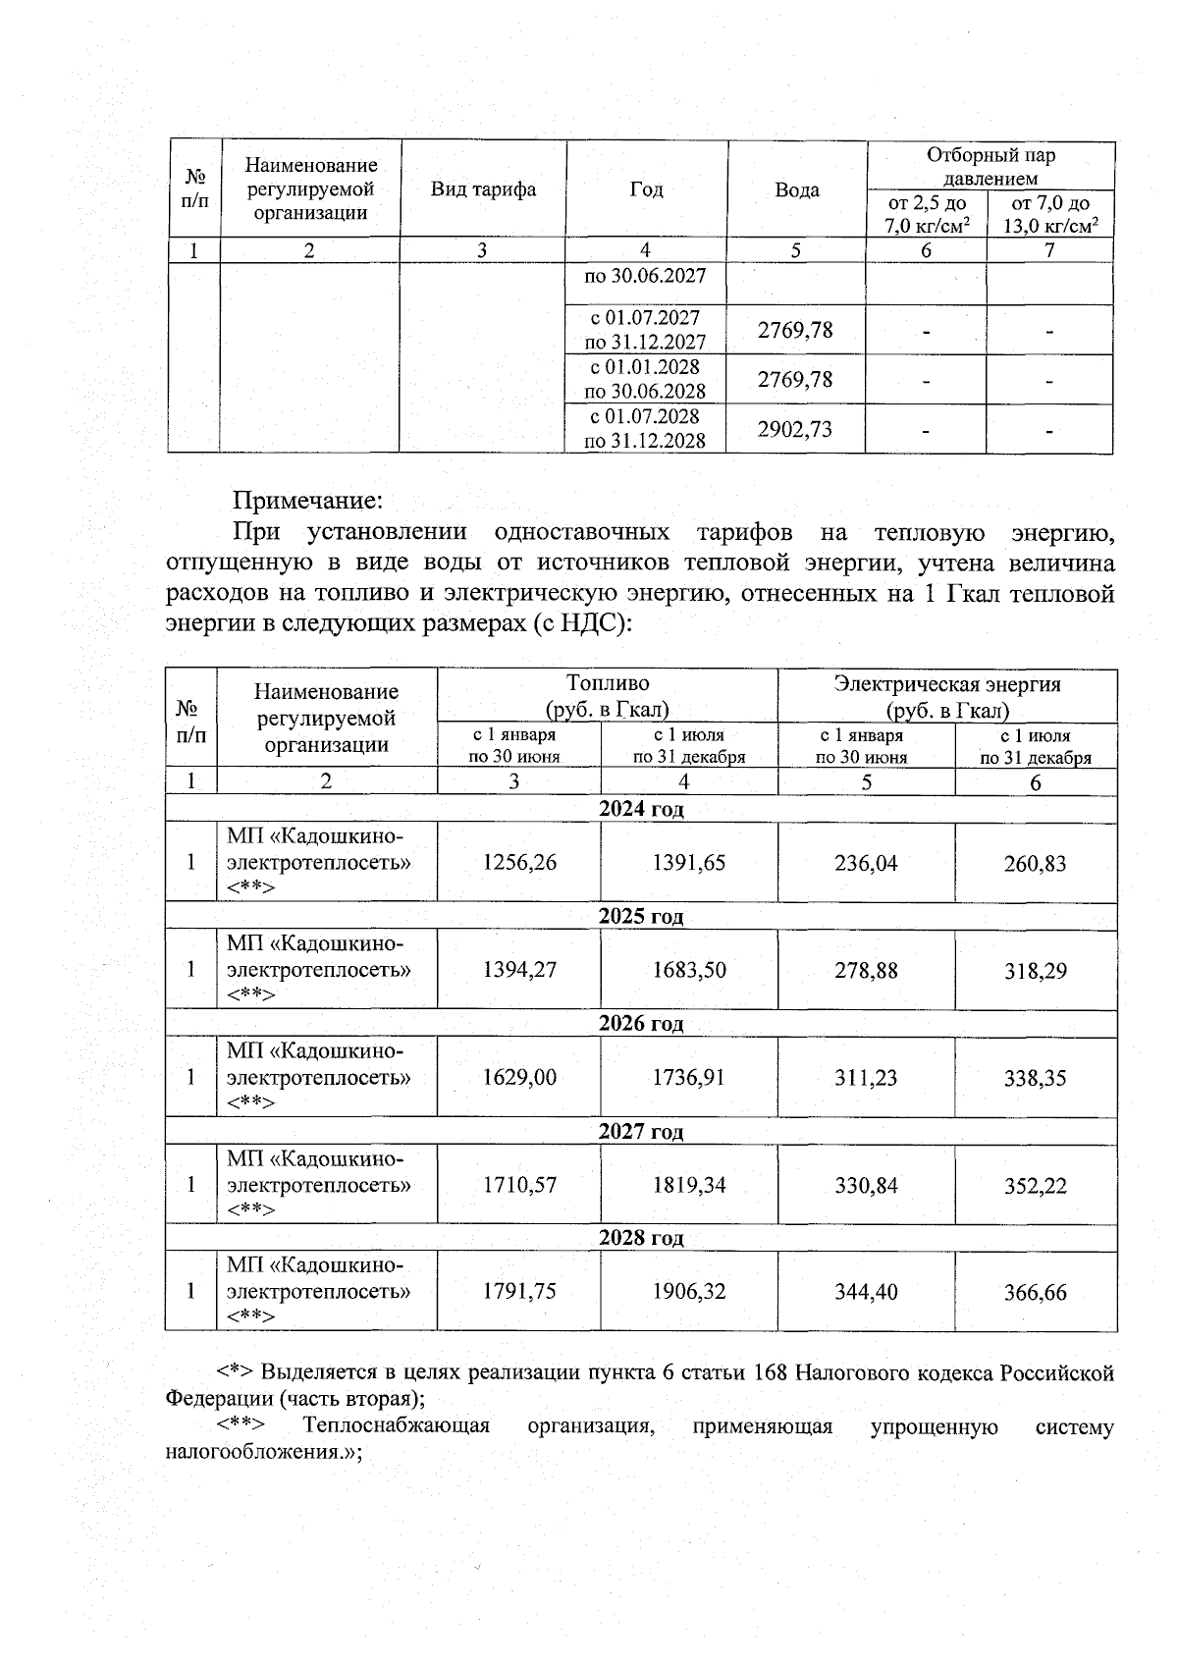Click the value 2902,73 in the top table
pos(795,429)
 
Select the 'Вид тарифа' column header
pos(483,189)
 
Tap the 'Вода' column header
pos(796,190)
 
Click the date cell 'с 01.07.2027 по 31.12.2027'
pos(645,330)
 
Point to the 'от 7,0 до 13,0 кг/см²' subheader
pos(1049,214)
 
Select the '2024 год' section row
pos(641,809)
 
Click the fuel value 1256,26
pos(519,862)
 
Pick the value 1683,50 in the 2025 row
pos(689,970)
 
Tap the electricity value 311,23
pos(866,1077)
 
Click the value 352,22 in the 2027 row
pos(1035,1185)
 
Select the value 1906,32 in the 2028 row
pos(689,1292)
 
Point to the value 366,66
pos(1035,1293)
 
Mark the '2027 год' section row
pos(641,1131)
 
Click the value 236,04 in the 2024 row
pos(866,863)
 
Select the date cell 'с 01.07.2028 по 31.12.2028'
pos(645,429)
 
